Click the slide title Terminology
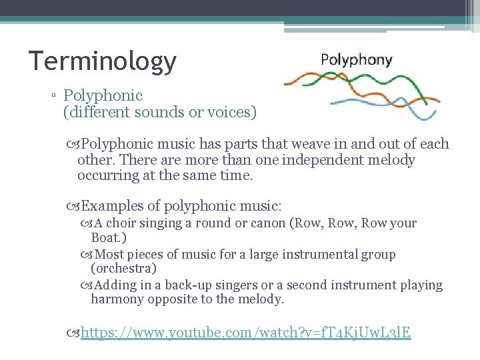(x=102, y=61)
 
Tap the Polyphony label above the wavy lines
(x=356, y=59)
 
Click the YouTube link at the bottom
(x=245, y=331)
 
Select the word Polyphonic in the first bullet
(x=103, y=96)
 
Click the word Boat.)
(x=109, y=237)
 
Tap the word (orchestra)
(x=124, y=268)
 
